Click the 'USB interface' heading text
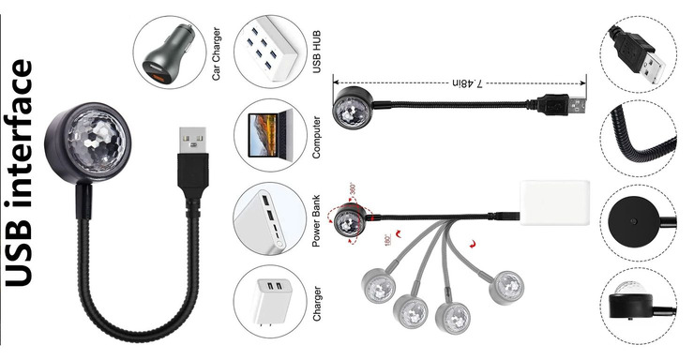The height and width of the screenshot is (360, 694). coord(19,172)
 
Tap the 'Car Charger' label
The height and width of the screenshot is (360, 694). coord(216,53)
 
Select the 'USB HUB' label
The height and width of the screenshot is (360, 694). coord(316,52)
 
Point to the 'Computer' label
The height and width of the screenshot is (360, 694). coord(316,137)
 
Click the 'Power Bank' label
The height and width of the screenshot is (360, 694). coord(316,220)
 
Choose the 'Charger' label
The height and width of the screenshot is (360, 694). coord(316,304)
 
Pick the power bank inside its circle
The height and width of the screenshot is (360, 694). coord(264,219)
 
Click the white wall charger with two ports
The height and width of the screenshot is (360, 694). coord(267,302)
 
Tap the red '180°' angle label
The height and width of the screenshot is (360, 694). coord(387,240)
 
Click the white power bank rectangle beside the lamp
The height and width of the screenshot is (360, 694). coord(554,202)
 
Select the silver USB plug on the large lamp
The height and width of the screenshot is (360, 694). coord(192,141)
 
